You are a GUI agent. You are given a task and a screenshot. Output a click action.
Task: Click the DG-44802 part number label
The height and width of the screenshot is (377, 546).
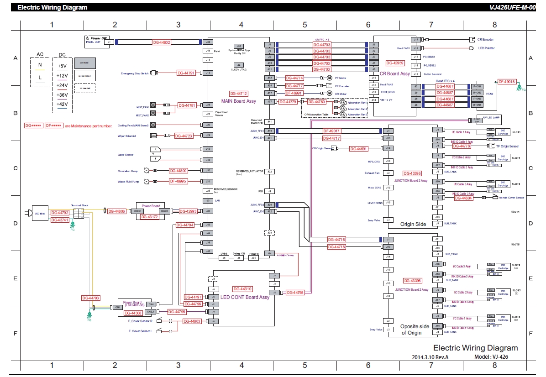pyautogui.click(x=161, y=42)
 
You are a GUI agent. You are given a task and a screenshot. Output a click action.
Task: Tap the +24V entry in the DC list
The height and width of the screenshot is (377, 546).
pyautogui.click(x=62, y=85)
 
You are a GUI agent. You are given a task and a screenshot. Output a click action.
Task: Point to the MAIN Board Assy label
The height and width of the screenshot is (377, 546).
pyautogui.click(x=238, y=101)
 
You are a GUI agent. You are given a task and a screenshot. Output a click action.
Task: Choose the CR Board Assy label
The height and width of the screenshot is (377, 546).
pyautogui.click(x=394, y=73)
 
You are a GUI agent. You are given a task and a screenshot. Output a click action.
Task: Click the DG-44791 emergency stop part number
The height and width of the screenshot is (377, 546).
pyautogui.click(x=186, y=73)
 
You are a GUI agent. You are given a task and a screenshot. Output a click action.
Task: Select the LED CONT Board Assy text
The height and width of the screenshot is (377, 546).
pyautogui.click(x=245, y=297)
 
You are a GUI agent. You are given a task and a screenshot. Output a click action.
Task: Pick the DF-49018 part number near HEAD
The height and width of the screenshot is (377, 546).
pyautogui.click(x=507, y=82)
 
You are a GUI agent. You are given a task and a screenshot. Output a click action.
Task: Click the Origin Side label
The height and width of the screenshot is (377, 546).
pyautogui.click(x=413, y=224)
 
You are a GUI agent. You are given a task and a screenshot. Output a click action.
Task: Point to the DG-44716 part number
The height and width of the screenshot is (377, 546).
pyautogui.click(x=336, y=240)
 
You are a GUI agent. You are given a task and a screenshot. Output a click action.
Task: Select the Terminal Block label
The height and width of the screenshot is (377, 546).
pyautogui.click(x=79, y=205)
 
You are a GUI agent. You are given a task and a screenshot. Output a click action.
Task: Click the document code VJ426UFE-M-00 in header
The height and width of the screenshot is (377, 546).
pyautogui.click(x=511, y=7)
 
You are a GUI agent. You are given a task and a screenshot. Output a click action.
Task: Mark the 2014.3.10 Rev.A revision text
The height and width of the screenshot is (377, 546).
pyautogui.click(x=430, y=357)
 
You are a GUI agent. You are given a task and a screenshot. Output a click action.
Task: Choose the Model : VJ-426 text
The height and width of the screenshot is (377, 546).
pyautogui.click(x=491, y=357)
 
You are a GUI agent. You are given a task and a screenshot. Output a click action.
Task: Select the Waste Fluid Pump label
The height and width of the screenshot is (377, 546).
pyautogui.click(x=128, y=181)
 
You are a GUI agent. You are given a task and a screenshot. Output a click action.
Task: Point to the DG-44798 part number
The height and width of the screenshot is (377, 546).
pyautogui.click(x=295, y=293)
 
